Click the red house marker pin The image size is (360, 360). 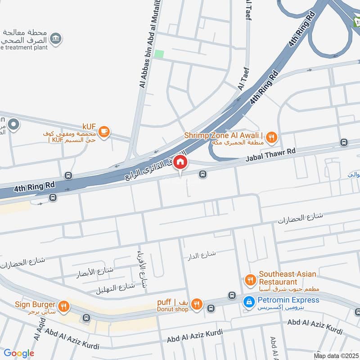[180, 162]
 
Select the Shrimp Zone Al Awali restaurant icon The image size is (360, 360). [271, 137]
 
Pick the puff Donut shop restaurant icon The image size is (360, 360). [196, 305]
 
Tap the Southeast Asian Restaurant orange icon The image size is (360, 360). [250, 280]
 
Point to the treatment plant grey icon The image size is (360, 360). [56, 39]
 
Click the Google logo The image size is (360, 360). [18, 353]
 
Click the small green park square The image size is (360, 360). [159, 54]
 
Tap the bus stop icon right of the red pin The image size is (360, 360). [203, 174]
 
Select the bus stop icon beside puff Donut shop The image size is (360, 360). [210, 308]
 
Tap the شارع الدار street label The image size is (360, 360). [202, 255]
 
